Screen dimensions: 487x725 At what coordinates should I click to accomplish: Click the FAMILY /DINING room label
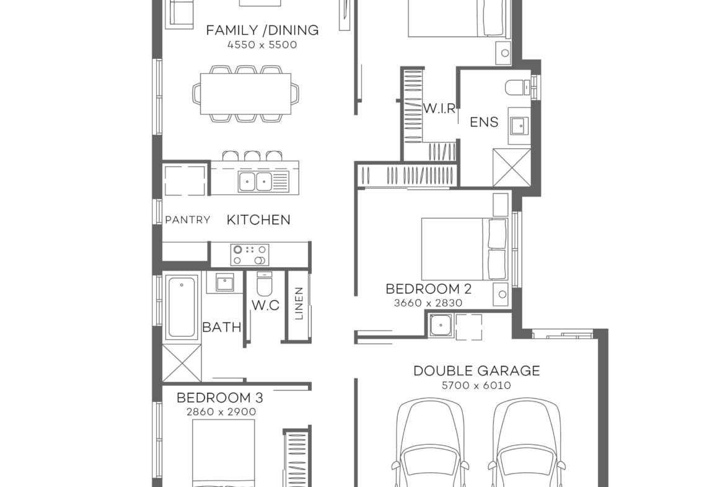[262, 30]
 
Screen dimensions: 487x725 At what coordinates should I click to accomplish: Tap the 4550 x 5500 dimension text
[262, 45]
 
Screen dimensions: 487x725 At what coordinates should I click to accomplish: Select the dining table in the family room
[245, 94]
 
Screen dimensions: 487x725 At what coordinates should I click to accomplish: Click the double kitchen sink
[255, 181]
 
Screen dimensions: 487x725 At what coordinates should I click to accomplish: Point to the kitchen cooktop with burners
[250, 254]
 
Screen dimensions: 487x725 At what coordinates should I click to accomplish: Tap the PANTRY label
[187, 220]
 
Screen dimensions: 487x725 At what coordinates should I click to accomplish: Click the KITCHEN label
[258, 220]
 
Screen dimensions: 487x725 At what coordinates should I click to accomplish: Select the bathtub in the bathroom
[182, 306]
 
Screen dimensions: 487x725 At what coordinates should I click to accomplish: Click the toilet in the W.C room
[264, 285]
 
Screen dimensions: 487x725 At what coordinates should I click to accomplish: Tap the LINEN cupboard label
[299, 303]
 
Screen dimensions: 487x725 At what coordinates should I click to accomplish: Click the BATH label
[221, 327]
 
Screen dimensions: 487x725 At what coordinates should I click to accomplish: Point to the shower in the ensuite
[512, 167]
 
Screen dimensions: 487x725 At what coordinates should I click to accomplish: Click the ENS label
[483, 122]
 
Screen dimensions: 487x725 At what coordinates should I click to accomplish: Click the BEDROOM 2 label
[428, 288]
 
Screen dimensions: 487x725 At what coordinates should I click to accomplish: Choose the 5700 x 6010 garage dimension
[477, 385]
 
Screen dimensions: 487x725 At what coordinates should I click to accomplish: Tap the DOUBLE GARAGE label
[477, 371]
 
